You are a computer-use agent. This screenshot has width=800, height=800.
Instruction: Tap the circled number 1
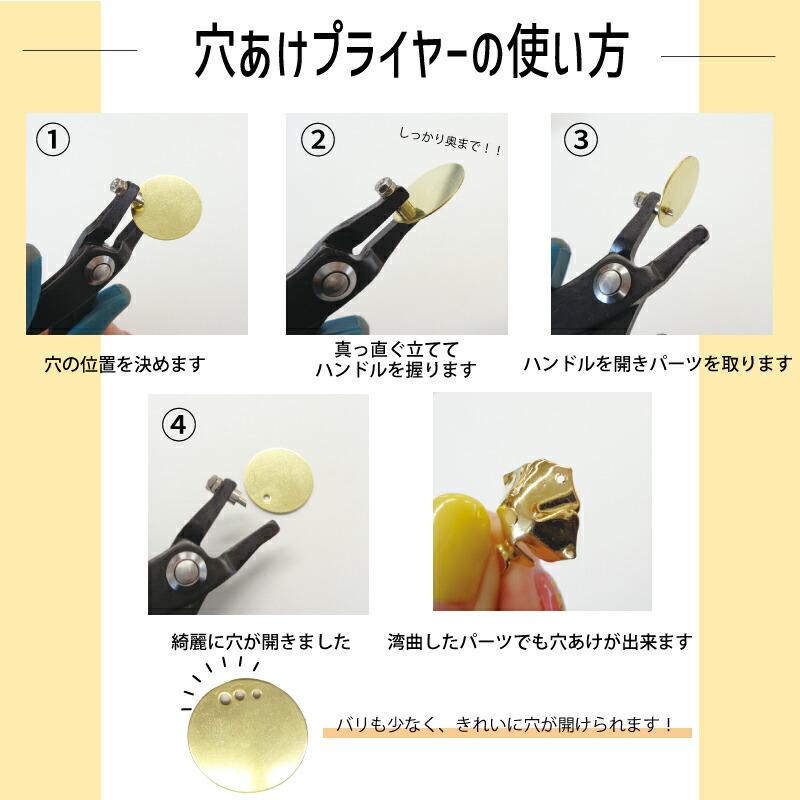point(52,140)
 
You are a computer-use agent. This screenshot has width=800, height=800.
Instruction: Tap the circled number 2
point(318,140)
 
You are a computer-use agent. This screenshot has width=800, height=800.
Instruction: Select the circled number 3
point(580,140)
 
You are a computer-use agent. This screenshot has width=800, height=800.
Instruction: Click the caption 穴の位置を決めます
point(124,364)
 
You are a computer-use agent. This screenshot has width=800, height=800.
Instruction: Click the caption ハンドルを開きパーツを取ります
point(657,364)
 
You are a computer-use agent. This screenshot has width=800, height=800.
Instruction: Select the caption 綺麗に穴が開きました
point(261,642)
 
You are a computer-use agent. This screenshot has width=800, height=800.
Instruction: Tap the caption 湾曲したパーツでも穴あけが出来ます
point(539,642)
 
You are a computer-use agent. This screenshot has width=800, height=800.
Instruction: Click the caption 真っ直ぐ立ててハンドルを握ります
point(395,359)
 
